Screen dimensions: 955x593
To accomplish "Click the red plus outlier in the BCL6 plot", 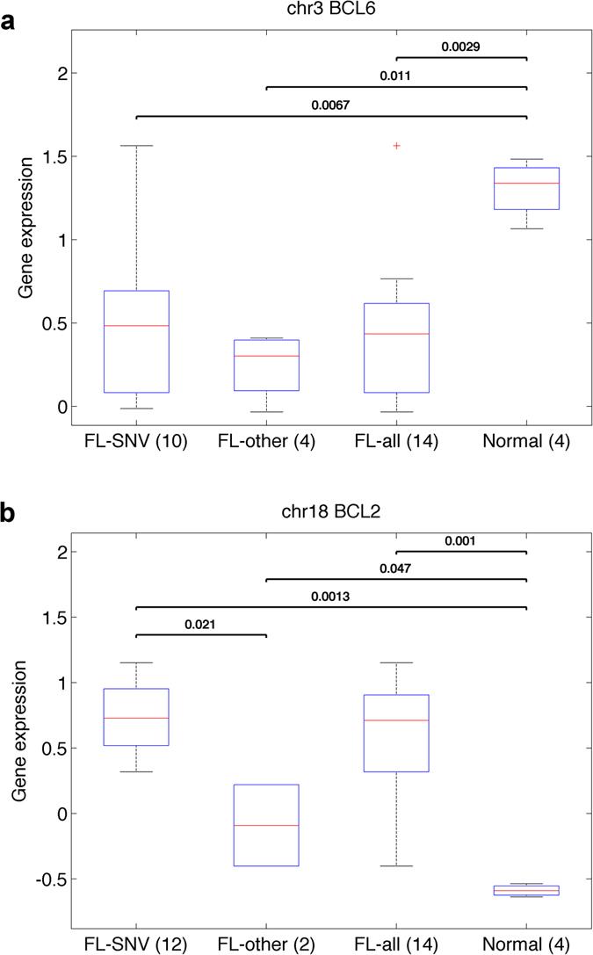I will coord(396,145).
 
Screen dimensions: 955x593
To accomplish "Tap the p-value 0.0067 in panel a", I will coord(331,105).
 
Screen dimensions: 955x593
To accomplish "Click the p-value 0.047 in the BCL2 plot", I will coord(396,568).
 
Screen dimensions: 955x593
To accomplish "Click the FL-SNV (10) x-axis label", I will coord(136,442).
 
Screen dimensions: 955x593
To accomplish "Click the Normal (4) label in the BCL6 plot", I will coord(526,442).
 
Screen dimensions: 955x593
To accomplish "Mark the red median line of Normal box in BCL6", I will coord(526,183).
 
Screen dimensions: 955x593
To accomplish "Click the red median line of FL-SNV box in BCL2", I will coord(136,718).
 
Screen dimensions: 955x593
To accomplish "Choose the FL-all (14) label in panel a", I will coord(396,442).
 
